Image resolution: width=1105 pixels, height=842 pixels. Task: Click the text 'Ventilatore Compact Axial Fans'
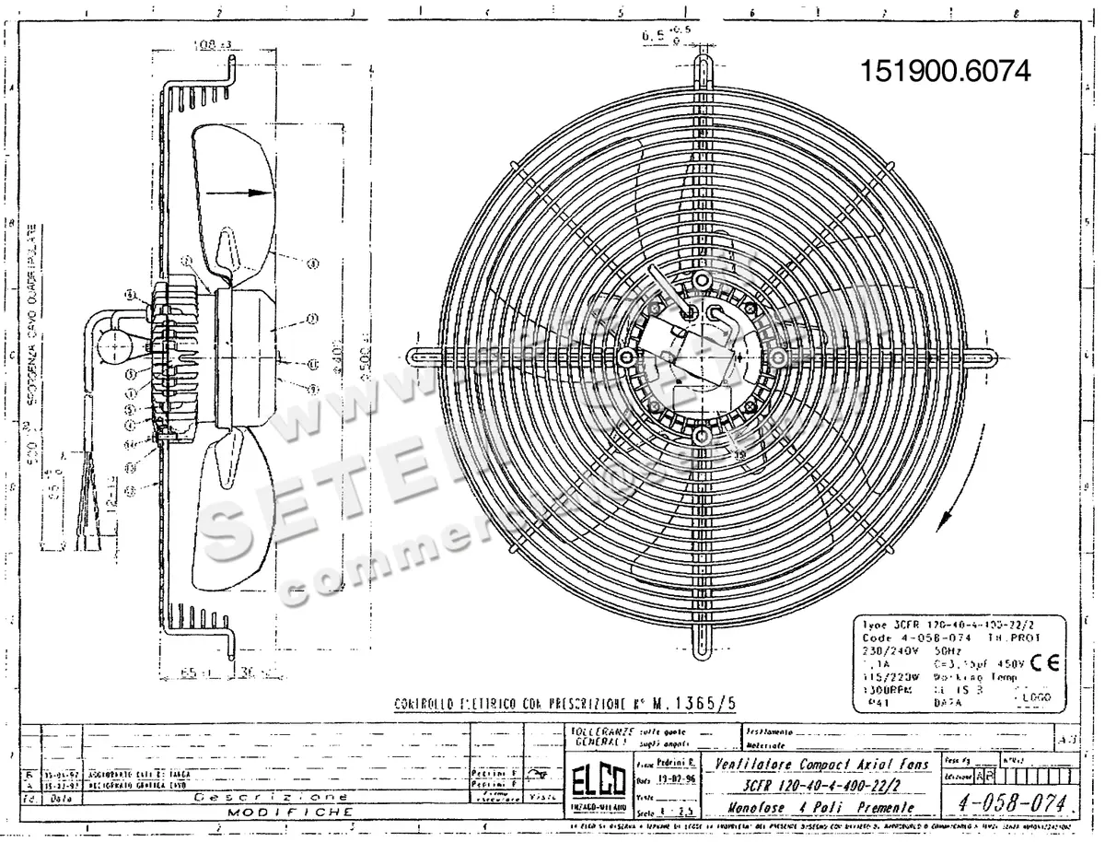point(822,765)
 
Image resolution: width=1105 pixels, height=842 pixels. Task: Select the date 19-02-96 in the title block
point(678,779)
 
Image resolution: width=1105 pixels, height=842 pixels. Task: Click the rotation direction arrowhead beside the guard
point(939,520)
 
